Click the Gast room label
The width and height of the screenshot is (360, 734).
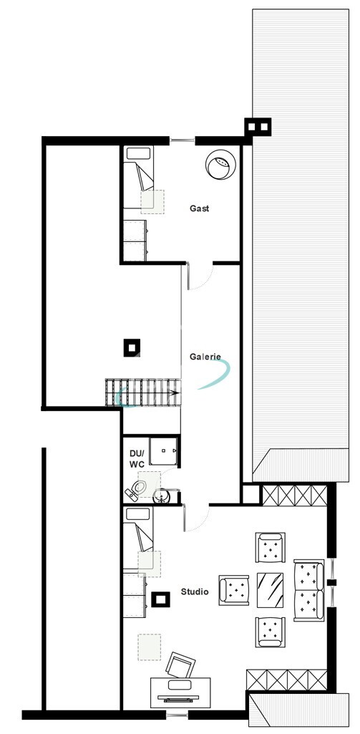pos(200,208)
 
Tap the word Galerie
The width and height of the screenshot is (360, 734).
pos(205,357)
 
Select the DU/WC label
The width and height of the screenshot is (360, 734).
pos(137,459)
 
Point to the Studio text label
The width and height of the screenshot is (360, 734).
pos(195,591)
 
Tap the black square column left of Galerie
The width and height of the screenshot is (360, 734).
pos(131,347)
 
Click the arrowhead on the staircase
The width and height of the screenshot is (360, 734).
pos(174,392)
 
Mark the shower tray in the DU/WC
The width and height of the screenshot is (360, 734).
pos(163,451)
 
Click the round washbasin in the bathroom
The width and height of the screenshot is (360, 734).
pos(162,495)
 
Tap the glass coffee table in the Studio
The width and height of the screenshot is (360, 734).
pos(271,589)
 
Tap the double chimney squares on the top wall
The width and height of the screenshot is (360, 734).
pos(258,127)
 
